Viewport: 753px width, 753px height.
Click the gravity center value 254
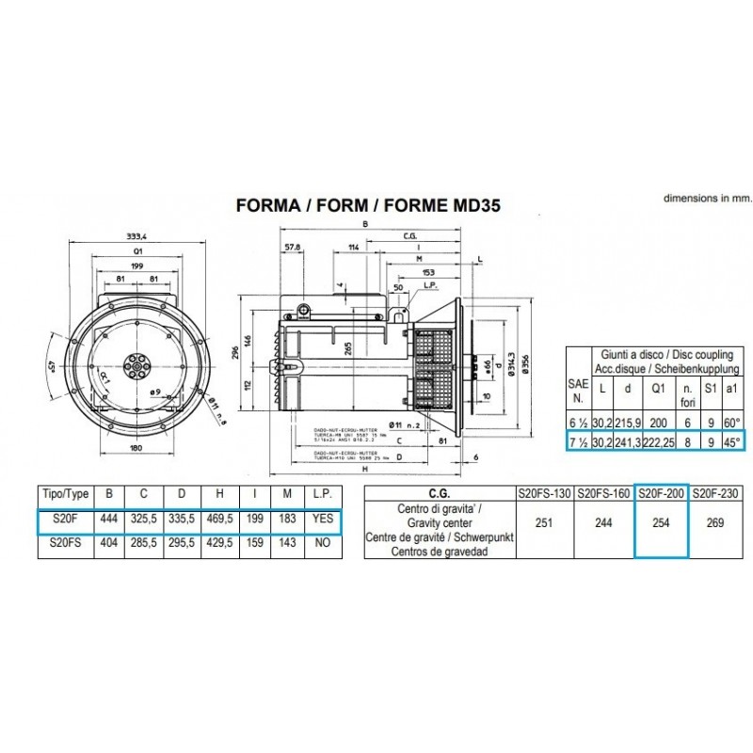click(661, 522)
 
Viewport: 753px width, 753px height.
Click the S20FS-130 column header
click(543, 492)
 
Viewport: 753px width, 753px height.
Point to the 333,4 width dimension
click(137, 237)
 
